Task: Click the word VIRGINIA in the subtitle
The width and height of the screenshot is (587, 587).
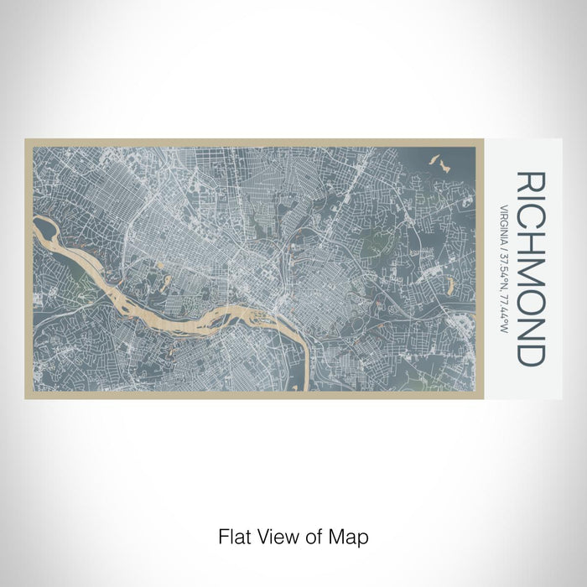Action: pyautogui.click(x=506, y=223)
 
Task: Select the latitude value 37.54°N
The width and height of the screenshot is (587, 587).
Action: pyautogui.click(x=506, y=268)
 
